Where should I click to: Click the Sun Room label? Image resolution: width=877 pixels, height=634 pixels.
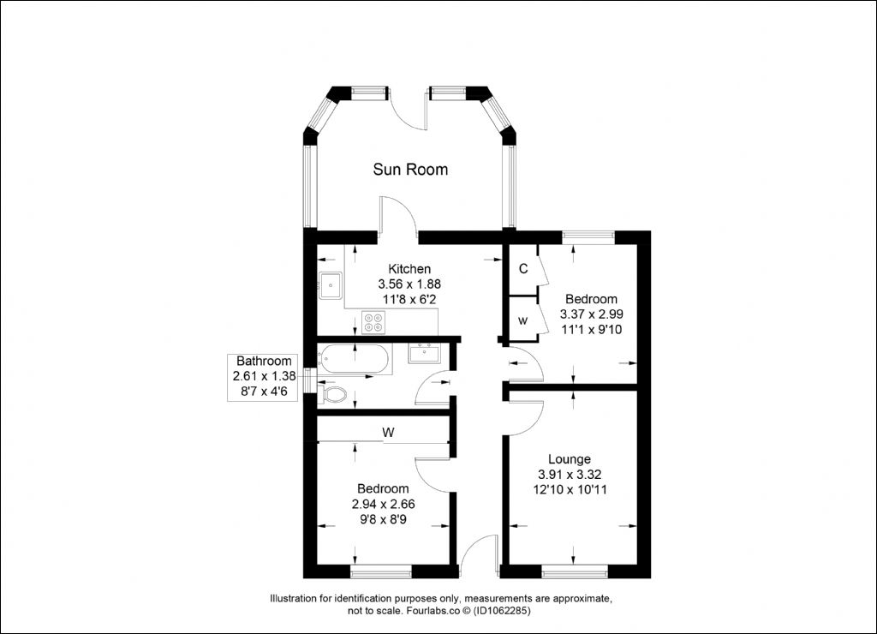[x=410, y=169]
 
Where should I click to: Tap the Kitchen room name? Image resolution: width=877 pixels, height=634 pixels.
[x=409, y=269]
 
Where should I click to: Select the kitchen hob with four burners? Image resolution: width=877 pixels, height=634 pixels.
[x=373, y=322]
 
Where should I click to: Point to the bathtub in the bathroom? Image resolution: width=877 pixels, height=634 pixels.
[x=352, y=359]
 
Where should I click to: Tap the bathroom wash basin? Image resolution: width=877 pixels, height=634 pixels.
[x=425, y=352]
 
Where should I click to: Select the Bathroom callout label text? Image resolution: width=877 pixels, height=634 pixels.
[x=264, y=361]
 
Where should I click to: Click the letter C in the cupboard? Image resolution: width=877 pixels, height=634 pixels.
[x=523, y=269]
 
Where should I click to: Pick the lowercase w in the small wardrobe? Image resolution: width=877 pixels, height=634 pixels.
[x=523, y=321]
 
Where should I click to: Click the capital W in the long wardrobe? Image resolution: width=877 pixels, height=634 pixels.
[x=388, y=433]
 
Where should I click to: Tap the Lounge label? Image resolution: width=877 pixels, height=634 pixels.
[x=570, y=459]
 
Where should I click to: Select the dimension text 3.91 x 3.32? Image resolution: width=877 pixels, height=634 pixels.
[x=570, y=475]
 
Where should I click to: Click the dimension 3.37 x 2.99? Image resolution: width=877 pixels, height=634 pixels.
[x=592, y=314]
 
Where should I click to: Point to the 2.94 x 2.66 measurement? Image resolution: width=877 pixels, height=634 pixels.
[x=383, y=504]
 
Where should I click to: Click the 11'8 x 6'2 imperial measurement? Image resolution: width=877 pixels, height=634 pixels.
[x=409, y=299]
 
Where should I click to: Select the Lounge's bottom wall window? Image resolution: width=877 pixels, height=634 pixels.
[x=575, y=571]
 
